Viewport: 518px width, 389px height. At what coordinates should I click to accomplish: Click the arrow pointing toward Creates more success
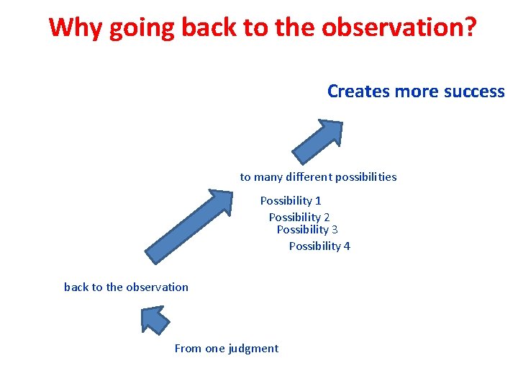tap(317, 142)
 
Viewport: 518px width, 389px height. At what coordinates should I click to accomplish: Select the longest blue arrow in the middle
tap(188, 226)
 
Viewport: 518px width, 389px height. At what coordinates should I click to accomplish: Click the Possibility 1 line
tap(291, 200)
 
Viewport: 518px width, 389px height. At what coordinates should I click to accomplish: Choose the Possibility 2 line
tap(299, 217)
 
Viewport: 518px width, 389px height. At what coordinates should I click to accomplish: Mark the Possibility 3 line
tap(307, 229)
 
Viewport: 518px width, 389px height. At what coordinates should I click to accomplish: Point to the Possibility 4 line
tap(319, 246)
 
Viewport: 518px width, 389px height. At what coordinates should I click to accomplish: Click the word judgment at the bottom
tap(253, 349)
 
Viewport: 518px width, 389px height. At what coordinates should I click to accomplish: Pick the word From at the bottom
tap(188, 348)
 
